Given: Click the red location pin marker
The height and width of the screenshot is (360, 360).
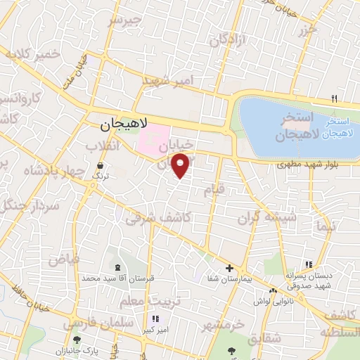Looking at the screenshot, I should (181, 166).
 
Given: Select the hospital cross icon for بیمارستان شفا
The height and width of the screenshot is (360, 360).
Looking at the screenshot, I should (230, 268).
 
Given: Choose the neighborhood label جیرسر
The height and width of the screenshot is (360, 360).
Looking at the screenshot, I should (124, 20).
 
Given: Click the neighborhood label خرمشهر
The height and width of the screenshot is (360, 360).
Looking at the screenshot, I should (222, 326).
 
